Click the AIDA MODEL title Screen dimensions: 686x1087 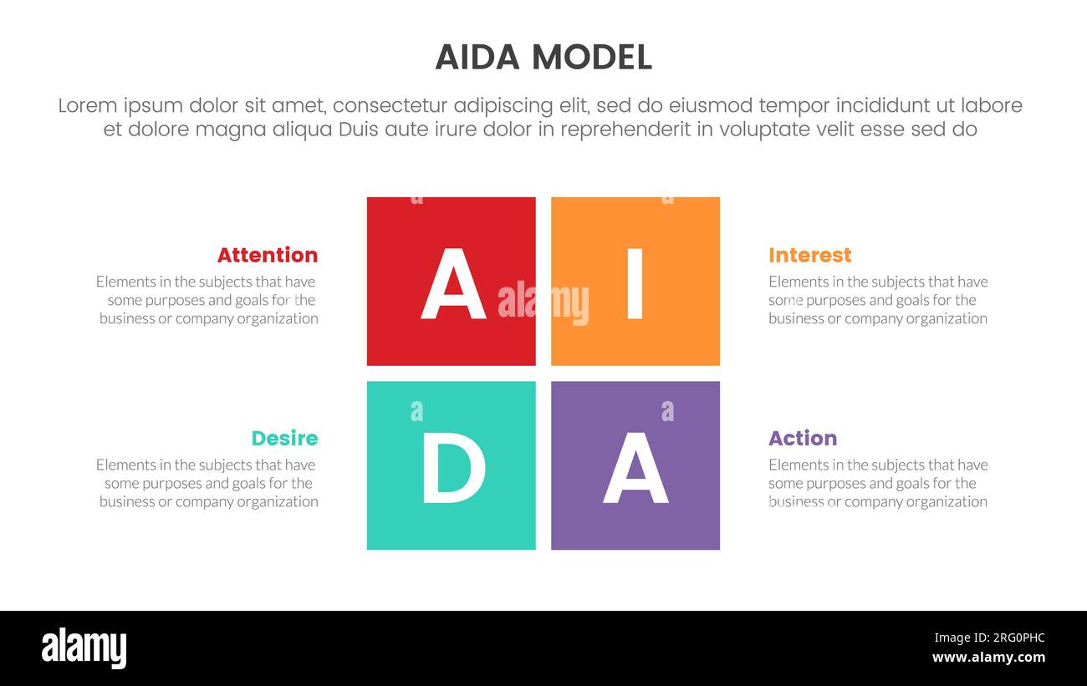point(543,57)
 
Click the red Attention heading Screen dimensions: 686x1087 point(268,255)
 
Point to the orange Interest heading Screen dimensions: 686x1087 point(809,255)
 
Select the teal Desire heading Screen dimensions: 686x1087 point(284,439)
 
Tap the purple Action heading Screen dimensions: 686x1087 point(803,439)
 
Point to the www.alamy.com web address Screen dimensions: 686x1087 point(988,658)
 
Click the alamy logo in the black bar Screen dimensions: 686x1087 point(84,648)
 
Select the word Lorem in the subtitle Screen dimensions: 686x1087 point(89,106)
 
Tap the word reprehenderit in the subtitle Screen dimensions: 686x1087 point(625,130)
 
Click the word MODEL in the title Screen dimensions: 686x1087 point(591,57)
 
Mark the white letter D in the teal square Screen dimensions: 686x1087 point(452,470)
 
